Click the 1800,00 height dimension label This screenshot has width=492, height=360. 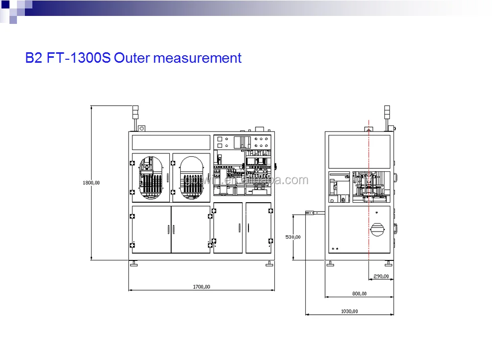click(x=91, y=183)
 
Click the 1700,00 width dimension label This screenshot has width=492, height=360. click(x=201, y=286)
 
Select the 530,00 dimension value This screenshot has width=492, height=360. click(x=293, y=237)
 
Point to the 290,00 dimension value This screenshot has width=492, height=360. click(x=380, y=276)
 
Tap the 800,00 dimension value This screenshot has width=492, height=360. click(x=359, y=294)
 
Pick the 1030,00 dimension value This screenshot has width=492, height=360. click(x=350, y=311)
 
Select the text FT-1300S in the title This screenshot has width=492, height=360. click(x=79, y=58)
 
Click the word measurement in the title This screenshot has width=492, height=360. click(x=197, y=58)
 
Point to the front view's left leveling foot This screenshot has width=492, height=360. click(x=134, y=264)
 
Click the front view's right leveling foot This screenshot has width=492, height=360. click(x=269, y=264)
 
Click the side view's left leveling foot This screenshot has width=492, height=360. click(x=330, y=264)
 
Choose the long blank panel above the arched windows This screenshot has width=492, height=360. click(x=171, y=142)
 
